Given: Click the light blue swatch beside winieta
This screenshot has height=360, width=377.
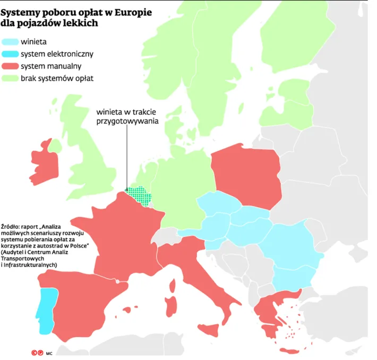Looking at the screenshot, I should pos(11,41).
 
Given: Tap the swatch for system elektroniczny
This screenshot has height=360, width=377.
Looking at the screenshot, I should pos(11,54).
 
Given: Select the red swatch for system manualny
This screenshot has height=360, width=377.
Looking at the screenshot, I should pos(11,66).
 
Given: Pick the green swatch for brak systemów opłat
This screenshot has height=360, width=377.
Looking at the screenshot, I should pos(11,79).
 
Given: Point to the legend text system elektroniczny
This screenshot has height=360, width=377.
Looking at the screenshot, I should pos(57,54).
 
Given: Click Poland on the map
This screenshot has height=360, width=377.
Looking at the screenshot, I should pos(247,173).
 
